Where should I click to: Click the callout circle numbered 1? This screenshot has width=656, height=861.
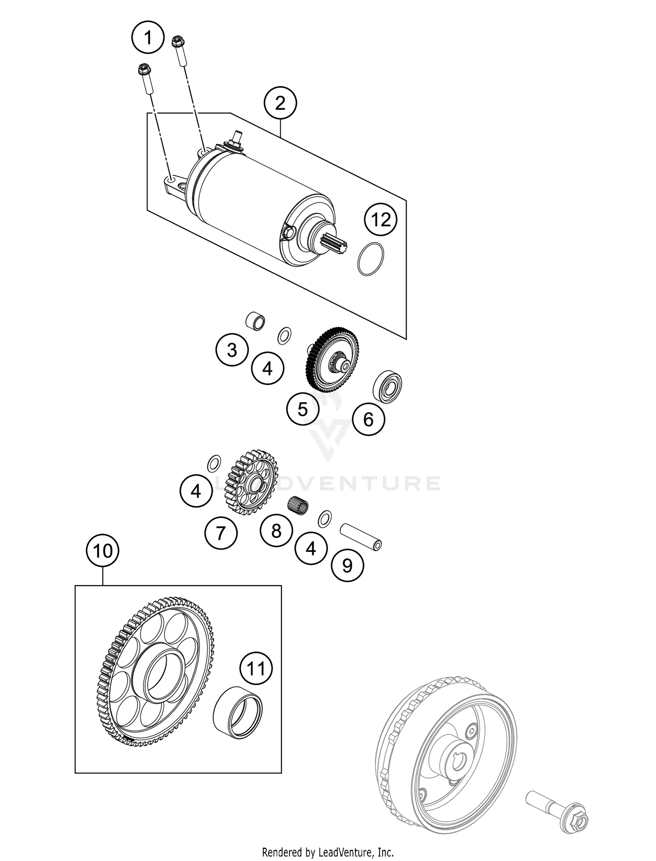pos(148,38)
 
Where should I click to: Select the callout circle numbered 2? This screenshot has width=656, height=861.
pos(280,103)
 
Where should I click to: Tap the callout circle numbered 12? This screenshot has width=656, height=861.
pos(380,220)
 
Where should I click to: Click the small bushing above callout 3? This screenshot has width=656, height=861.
pos(255,321)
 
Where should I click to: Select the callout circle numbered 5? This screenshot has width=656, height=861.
pos(303,409)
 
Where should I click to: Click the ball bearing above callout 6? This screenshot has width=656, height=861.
pos(387,387)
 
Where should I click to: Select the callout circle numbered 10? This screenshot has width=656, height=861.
pos(103,551)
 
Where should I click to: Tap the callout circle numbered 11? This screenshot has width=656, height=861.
pos(256,669)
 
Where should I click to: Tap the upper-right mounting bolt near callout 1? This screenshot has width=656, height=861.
pos(179,49)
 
